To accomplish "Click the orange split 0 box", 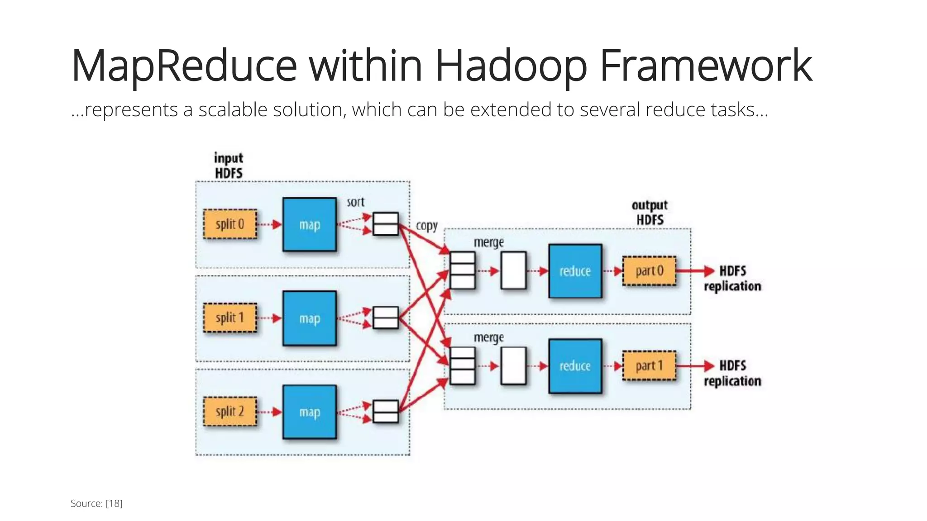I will [x=230, y=224].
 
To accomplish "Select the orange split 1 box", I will [x=230, y=318].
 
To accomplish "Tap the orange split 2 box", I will [x=230, y=412].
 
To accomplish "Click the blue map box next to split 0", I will [x=310, y=224].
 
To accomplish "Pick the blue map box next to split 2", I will [x=310, y=412].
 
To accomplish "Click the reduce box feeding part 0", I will [x=575, y=271].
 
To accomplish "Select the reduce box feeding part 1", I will [x=575, y=366].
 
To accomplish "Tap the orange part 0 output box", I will [x=649, y=271].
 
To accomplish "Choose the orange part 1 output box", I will [x=649, y=366].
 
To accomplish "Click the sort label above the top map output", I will [x=355, y=202].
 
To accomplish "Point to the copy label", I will [x=426, y=226].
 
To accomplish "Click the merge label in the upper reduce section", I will [x=488, y=243].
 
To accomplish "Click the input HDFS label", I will [x=229, y=166].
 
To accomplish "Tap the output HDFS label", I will [x=650, y=213].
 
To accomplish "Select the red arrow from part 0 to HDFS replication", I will [x=695, y=271].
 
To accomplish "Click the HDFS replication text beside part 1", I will [x=732, y=373].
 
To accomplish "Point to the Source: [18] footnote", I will [x=96, y=503].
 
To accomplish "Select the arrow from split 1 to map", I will [x=270, y=318].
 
